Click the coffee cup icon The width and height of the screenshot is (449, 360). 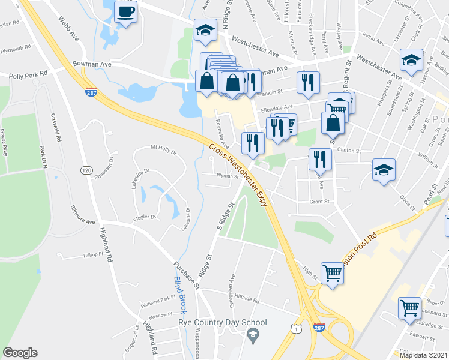125,12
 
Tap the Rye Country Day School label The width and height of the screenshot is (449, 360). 222,323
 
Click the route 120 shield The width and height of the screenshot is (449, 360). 86,170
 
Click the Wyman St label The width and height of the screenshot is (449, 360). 228,176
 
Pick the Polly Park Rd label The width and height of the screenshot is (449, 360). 28,76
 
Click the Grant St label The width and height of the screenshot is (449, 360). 319,202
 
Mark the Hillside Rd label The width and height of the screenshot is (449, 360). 246,298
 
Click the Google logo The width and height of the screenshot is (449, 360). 20,353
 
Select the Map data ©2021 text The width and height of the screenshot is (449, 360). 423,355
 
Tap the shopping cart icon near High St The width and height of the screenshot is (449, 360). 332,273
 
